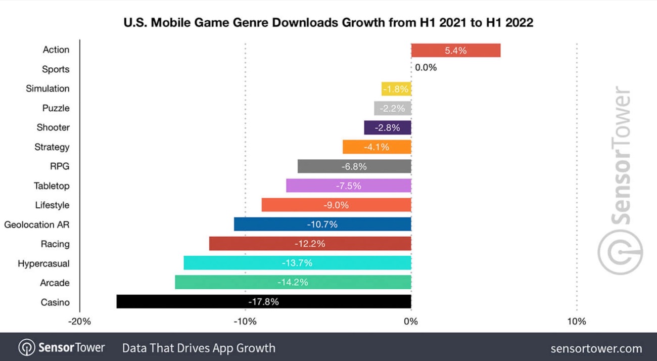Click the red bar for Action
point(455,51)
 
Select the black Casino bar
point(263,302)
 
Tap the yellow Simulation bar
point(396,89)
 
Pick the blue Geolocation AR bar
point(322,224)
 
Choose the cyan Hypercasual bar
point(297,263)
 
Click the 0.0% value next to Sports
point(426,67)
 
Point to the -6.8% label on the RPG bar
point(354,166)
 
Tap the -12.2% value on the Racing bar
point(310,244)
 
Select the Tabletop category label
point(52,186)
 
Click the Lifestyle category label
point(52,205)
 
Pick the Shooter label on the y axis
point(53,127)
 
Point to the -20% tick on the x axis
point(80,322)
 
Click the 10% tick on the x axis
point(577,322)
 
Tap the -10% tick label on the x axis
point(246,322)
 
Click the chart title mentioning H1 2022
point(328,23)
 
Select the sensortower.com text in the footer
point(596,348)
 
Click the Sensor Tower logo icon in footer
point(27,348)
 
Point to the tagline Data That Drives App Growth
point(199,348)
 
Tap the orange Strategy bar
point(377,147)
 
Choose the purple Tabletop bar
point(348,186)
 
